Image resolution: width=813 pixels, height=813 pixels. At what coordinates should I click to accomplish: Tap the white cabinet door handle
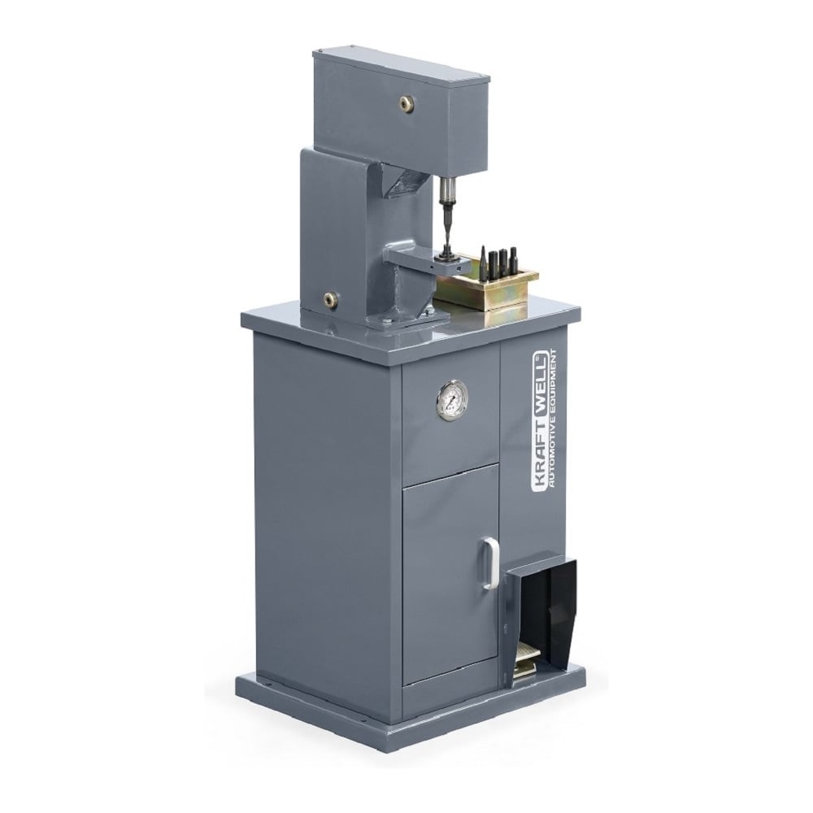(489, 563)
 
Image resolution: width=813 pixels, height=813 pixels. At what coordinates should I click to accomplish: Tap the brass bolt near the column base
(330, 298)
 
